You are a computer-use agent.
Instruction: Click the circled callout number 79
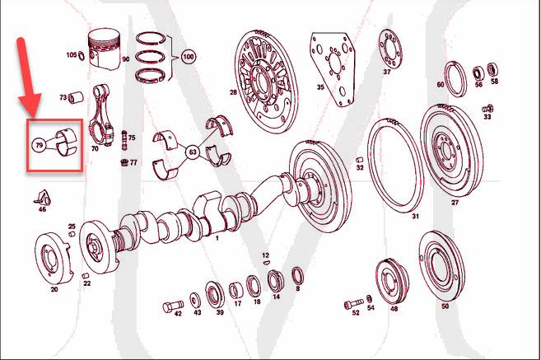click(x=39, y=145)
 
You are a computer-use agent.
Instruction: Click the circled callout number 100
click(x=189, y=58)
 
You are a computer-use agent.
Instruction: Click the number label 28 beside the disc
click(x=233, y=92)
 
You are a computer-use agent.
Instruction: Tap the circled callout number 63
click(x=191, y=152)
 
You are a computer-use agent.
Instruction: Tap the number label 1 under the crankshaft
click(x=217, y=239)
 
